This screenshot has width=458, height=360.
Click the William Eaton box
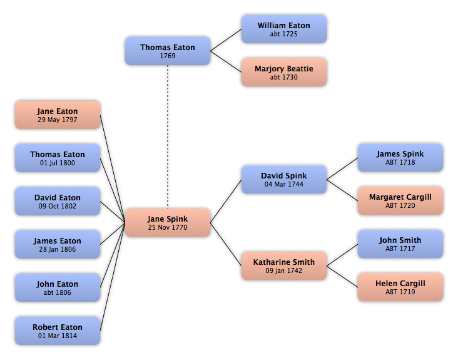point(284,29)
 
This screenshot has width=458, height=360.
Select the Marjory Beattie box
point(284,72)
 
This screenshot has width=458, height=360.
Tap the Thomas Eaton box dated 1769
point(168,51)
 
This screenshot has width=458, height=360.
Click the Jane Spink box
point(168,223)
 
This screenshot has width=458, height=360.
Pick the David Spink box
point(284,180)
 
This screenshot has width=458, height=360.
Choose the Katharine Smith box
point(284,266)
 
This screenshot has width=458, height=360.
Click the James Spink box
point(400,158)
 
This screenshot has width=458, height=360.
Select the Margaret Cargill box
point(400,201)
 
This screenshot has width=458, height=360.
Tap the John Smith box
point(400,244)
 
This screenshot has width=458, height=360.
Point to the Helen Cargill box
point(400,287)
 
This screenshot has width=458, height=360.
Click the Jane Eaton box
point(58,115)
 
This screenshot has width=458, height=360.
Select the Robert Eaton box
point(58,331)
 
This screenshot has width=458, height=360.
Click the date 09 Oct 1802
point(58,206)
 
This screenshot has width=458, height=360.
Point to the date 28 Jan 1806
point(58,249)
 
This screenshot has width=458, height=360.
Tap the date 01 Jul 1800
point(58,163)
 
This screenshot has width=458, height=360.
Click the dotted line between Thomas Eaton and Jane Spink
point(168,136)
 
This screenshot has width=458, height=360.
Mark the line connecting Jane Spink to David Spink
point(226,201)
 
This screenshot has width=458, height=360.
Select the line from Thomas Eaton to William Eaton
point(226,40)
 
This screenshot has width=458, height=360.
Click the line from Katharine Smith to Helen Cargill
point(342,277)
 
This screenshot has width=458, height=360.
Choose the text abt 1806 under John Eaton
point(58,292)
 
